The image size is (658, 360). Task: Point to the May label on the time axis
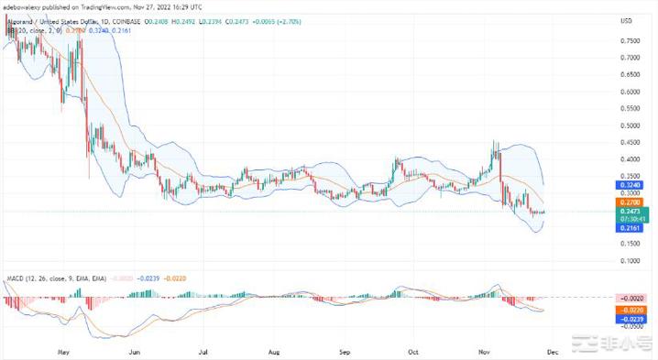click(x=62, y=351)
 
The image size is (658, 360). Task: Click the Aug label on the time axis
click(x=274, y=351)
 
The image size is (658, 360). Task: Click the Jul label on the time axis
click(x=203, y=351)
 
